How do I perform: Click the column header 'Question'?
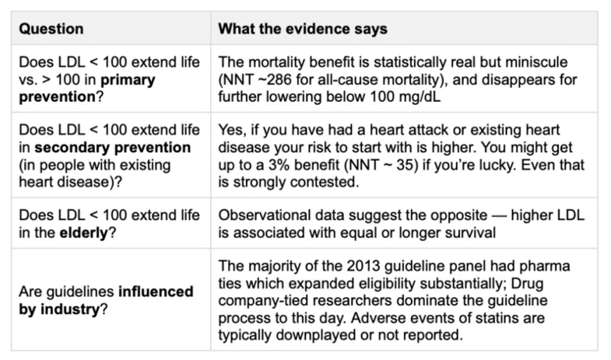coord(51,29)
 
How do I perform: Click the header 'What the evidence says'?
coord(303,29)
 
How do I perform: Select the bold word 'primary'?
coord(128,80)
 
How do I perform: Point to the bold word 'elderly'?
coord(84,232)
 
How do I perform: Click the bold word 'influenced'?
coord(156,291)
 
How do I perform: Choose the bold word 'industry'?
coord(70,309)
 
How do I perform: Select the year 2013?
coord(363,266)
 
